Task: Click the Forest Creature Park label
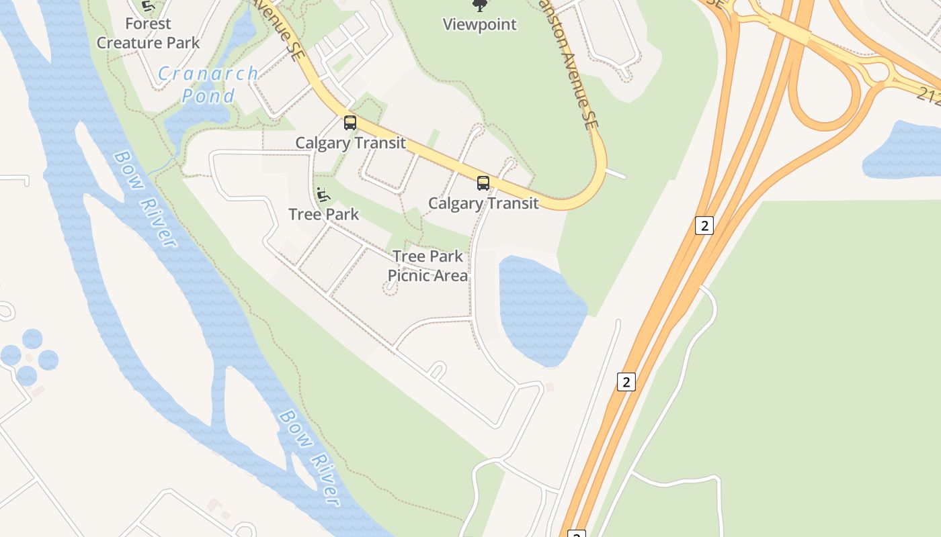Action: pos(148,34)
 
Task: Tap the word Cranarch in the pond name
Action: pos(208,74)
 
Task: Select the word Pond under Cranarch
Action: pos(208,95)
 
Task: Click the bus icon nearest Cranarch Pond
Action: pos(350,123)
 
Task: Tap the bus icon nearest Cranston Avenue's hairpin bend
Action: pos(483,183)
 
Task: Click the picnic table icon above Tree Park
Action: pos(323,195)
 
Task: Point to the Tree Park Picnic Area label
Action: pos(427,266)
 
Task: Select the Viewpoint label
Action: pos(479,25)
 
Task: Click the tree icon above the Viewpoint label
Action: pos(479,6)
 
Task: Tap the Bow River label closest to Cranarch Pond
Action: pos(145,199)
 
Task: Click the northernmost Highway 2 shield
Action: pos(704,226)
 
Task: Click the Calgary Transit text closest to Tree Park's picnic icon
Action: pos(350,143)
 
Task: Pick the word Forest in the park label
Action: pos(148,23)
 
